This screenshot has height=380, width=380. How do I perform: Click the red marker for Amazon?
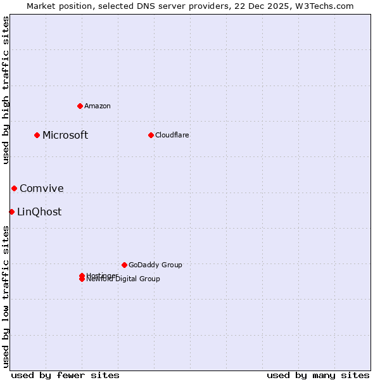pyautogui.click(x=80, y=106)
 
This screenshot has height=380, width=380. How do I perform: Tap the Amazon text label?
pyautogui.click(x=98, y=106)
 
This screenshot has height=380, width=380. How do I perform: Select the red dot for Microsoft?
pyautogui.click(x=37, y=135)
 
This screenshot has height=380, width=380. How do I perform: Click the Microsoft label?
pyautogui.click(x=65, y=135)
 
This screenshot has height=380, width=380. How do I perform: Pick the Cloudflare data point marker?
pyautogui.click(x=151, y=135)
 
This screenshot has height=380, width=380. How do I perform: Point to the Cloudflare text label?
pyautogui.click(x=172, y=135)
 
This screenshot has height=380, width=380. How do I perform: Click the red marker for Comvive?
pyautogui.click(x=14, y=188)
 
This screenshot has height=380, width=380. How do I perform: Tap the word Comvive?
pyautogui.click(x=42, y=188)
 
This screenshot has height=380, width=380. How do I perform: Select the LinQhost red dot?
pyautogui.click(x=11, y=212)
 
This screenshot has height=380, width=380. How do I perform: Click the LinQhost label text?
pyautogui.click(x=39, y=212)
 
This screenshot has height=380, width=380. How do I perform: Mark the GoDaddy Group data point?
pyautogui.click(x=124, y=265)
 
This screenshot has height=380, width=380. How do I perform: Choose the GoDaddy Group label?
pyautogui.click(x=155, y=265)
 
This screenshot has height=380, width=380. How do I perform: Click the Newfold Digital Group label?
pyautogui.click(x=123, y=279)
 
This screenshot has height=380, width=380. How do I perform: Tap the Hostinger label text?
pyautogui.click(x=102, y=275)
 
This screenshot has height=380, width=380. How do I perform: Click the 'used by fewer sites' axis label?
pyautogui.click(x=65, y=375)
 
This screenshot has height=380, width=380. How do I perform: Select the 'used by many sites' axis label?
pyautogui.click(x=318, y=375)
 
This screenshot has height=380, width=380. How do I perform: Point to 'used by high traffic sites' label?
pyautogui.click(x=6, y=90)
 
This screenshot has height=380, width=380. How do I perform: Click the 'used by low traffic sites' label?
pyautogui.click(x=6, y=296)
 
